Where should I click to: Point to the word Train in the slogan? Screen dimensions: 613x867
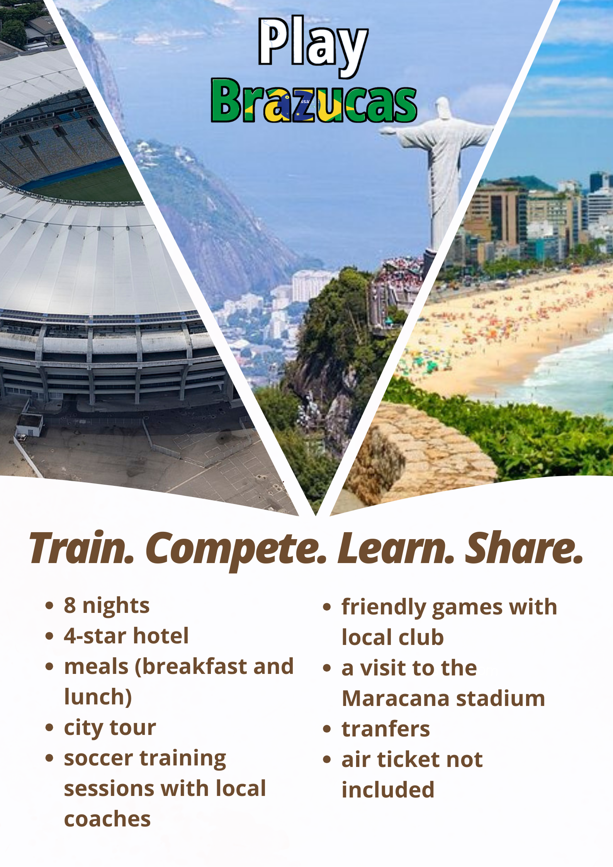tap(82, 548)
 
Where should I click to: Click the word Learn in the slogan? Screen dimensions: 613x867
tap(396, 548)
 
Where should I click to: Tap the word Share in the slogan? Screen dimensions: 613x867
tap(524, 548)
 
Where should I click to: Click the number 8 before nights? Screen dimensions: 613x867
tap(70, 605)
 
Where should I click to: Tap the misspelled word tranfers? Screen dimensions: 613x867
tap(386, 729)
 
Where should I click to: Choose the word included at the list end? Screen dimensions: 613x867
tap(388, 790)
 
